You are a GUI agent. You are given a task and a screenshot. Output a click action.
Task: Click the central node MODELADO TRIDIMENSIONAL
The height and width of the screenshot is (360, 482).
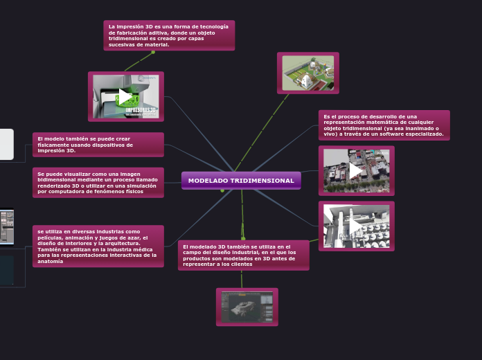241,181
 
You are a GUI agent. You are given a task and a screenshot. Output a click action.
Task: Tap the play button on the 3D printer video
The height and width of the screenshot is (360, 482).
125,96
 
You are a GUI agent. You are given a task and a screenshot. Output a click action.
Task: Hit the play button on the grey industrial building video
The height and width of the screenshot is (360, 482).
356,226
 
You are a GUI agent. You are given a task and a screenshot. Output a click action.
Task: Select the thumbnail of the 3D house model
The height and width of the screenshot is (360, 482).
307,73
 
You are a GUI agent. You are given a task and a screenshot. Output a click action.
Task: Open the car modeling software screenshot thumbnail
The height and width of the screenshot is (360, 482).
247,307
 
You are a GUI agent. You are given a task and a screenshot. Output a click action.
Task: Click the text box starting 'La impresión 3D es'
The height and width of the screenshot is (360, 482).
169,35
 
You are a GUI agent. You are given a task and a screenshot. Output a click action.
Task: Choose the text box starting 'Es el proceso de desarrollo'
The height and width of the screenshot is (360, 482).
384,125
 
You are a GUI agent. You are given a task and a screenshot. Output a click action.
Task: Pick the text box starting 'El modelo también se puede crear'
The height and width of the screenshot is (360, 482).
98,145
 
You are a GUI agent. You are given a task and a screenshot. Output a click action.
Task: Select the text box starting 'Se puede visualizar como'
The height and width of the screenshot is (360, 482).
98,183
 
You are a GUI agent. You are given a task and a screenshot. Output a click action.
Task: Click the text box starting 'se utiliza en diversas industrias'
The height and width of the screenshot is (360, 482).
98,246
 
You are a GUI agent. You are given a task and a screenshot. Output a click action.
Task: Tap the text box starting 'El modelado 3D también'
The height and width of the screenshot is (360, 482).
243,255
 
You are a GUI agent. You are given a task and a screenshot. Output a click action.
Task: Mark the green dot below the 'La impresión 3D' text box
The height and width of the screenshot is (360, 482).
153,52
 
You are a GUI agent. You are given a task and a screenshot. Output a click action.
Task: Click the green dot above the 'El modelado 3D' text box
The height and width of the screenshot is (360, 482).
243,238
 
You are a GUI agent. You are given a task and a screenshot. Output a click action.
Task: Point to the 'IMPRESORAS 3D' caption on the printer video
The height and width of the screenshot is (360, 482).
141,110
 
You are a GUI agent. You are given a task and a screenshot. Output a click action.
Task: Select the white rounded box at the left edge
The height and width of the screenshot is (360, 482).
6,144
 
